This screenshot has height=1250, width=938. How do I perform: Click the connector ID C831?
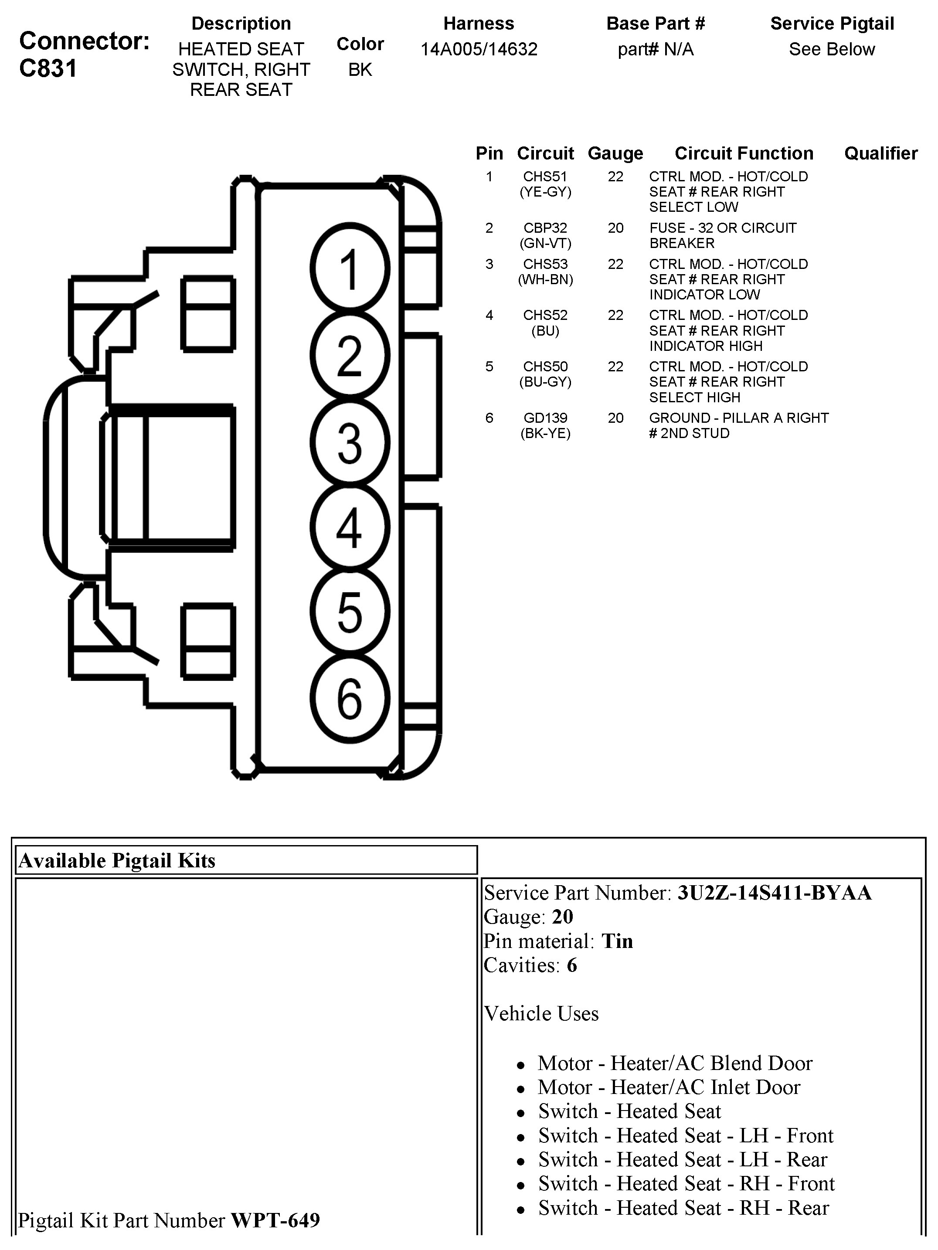(48, 68)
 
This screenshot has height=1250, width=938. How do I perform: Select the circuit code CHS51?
(545, 177)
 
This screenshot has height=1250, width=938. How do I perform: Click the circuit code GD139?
(545, 418)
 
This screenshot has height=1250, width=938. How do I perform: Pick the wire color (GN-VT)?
(545, 244)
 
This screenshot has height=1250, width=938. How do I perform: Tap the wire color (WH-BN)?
(545, 280)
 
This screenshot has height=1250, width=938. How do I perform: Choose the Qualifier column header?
(880, 153)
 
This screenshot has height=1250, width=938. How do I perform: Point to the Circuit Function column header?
(744, 153)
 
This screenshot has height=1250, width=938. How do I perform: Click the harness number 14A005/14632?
(479, 50)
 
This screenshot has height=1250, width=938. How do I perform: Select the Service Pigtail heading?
(832, 24)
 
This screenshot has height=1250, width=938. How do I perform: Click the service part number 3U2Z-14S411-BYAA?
(774, 893)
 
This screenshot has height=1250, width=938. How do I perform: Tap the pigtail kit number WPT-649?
(275, 1221)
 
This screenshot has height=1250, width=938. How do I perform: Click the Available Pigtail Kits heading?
(117, 861)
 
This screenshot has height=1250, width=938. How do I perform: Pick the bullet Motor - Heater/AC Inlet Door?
(669, 1087)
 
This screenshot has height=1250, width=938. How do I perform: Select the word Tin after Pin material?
(617, 941)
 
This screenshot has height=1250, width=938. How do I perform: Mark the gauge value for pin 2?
(615, 228)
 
